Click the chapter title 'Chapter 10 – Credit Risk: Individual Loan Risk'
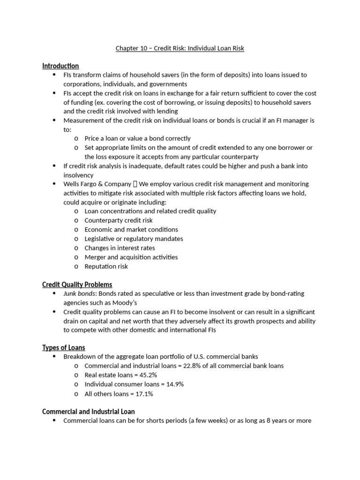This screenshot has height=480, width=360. point(180,48)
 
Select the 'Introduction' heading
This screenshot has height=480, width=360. point(60,66)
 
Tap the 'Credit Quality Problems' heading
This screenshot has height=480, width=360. point(77,285)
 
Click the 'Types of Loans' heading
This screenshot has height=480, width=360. point(64,347)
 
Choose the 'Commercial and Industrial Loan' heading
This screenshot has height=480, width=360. point(88,412)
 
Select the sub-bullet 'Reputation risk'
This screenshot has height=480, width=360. point(106,266)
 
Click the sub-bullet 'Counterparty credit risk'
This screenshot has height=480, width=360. point(119,220)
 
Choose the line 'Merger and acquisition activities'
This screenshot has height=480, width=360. point(131,257)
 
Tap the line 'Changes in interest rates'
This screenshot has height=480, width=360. point(120,248)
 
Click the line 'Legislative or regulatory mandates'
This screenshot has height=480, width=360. point(134,239)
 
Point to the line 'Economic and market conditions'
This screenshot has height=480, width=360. point(131,230)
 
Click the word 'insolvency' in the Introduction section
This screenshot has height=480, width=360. point(78,175)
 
